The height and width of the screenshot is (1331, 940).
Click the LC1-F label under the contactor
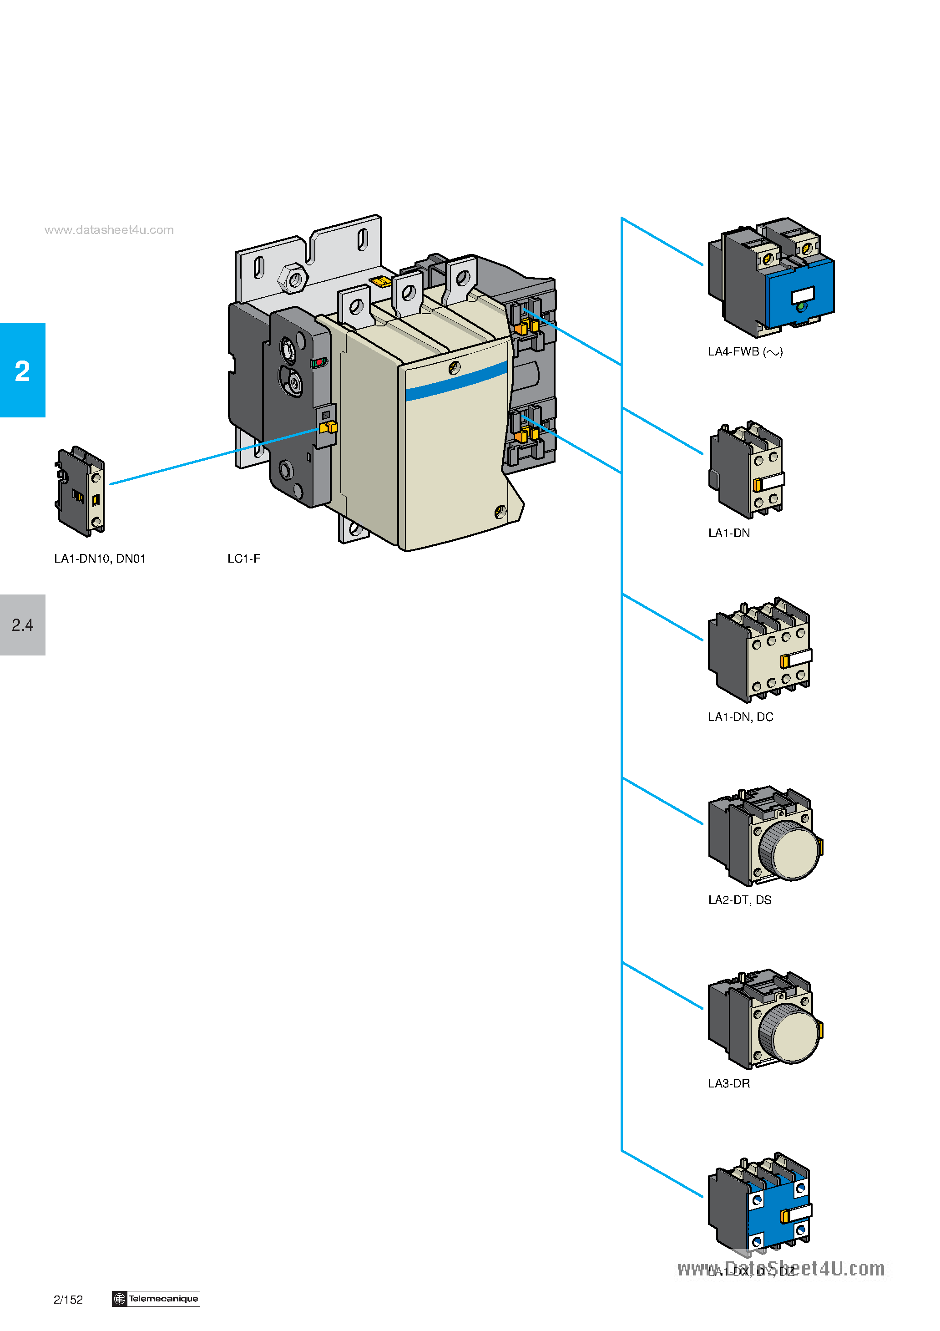point(243,558)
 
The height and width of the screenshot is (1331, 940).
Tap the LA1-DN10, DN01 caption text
point(100,558)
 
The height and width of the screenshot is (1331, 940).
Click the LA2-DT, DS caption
point(739,900)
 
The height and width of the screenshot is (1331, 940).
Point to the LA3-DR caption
point(728,1083)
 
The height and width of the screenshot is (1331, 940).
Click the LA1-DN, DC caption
point(740,716)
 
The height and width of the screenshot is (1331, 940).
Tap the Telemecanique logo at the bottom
point(156,1299)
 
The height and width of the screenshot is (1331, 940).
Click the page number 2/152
point(68,1300)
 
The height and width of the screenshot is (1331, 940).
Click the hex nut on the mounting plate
point(293,279)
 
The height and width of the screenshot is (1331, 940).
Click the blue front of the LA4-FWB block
point(800,293)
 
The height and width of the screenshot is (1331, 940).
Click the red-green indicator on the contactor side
point(318,362)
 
